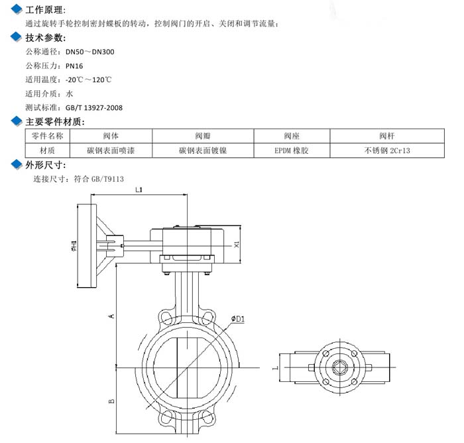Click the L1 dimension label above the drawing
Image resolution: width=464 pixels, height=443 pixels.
pos(139,190)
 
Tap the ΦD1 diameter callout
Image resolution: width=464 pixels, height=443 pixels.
pos(238,319)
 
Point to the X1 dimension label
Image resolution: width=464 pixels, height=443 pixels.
pos(237,245)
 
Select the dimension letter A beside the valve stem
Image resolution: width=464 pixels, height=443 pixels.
pos(111,316)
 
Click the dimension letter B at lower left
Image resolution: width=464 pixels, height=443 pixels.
pos(111,401)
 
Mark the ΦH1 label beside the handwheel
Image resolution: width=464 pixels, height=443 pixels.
pos(74,246)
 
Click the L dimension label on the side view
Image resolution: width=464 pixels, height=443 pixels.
pos(275,368)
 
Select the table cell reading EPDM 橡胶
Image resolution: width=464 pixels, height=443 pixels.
pos(292,151)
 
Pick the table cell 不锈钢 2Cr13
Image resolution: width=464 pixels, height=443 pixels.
pos(387,151)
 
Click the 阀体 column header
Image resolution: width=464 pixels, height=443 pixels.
pos(111,136)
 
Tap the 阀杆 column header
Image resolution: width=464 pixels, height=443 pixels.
pos(387,136)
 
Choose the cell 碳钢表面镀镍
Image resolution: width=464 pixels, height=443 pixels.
pos(203,151)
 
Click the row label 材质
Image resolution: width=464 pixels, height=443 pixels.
pos(47,151)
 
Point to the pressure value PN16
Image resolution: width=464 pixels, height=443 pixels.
pos(74,66)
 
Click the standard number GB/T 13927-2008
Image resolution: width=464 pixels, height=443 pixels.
pos(94,108)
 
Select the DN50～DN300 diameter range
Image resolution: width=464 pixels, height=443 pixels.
pos(90,52)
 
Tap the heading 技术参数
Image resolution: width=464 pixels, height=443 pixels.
pos(46,38)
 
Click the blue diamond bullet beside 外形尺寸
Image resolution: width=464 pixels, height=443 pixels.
pos(17,164)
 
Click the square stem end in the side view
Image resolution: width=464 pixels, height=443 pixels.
pos(339,367)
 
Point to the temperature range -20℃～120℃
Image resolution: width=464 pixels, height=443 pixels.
pos(88,80)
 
